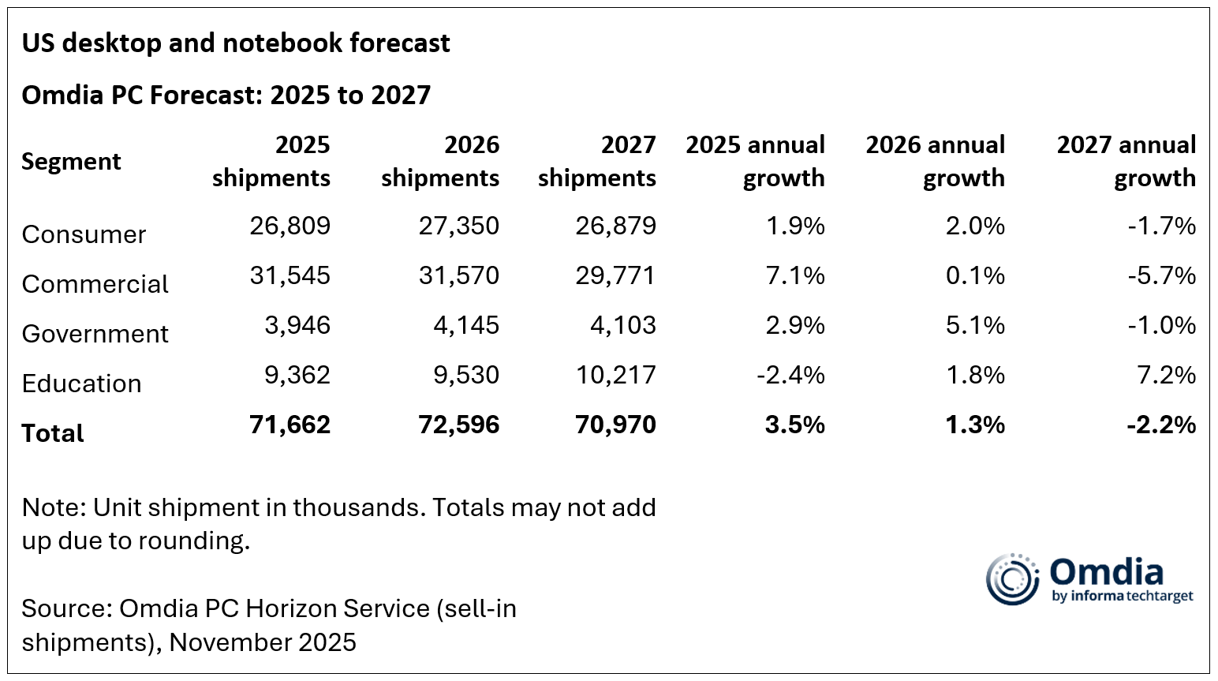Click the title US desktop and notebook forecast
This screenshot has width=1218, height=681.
click(235, 43)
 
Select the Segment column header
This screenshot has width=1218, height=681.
click(71, 162)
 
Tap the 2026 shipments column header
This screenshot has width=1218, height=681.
click(440, 161)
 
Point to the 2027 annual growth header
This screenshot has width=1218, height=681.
click(1126, 161)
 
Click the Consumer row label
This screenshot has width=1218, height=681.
click(84, 234)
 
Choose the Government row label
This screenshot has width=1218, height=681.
click(95, 334)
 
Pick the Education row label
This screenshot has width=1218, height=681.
click(81, 384)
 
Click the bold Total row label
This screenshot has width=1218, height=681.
click(52, 433)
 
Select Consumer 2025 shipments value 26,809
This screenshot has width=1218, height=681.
click(290, 226)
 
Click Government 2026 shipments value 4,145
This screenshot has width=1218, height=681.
click(465, 325)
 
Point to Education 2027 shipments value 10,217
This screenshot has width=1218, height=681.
click(615, 375)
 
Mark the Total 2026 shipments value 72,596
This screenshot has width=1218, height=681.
click(458, 425)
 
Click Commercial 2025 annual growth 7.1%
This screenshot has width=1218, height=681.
click(795, 275)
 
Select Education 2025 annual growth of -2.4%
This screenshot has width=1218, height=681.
click(790, 375)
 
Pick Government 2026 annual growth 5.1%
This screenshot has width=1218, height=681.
click(975, 325)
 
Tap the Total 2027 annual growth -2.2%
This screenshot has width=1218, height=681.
click(1161, 425)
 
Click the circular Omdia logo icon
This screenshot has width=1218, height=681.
click(1012, 579)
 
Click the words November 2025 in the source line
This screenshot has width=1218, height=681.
click(263, 642)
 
